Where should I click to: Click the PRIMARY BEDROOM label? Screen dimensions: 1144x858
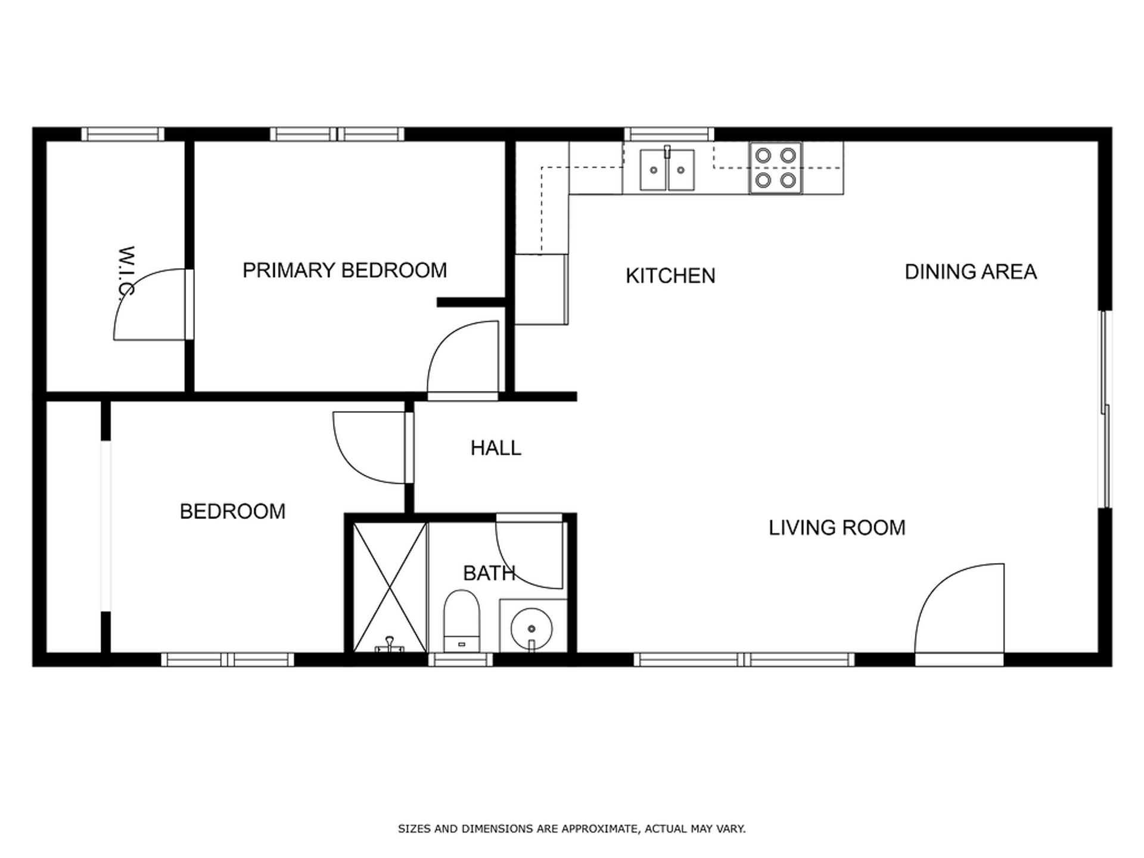coord(344,271)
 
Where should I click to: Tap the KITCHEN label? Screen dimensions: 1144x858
coord(670,276)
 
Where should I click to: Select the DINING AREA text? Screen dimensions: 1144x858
coord(971,272)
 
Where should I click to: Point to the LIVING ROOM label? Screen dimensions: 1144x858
coord(837,527)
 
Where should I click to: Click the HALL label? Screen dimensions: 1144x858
coord(496,448)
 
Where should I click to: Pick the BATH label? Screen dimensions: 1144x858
coord(489,573)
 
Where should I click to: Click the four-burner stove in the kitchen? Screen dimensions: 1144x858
coord(775,167)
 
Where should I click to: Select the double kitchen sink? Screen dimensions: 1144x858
coord(667,169)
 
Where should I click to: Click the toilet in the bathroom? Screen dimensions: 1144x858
coord(462,621)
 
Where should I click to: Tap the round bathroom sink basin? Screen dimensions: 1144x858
coord(531,629)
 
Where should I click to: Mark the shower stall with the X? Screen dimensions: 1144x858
coord(390,587)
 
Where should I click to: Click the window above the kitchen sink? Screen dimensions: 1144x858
coord(669,134)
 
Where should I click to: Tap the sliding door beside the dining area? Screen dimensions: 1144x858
coord(1105,409)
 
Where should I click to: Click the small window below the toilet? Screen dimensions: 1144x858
coord(461,660)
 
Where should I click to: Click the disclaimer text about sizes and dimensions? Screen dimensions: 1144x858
coord(572,829)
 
